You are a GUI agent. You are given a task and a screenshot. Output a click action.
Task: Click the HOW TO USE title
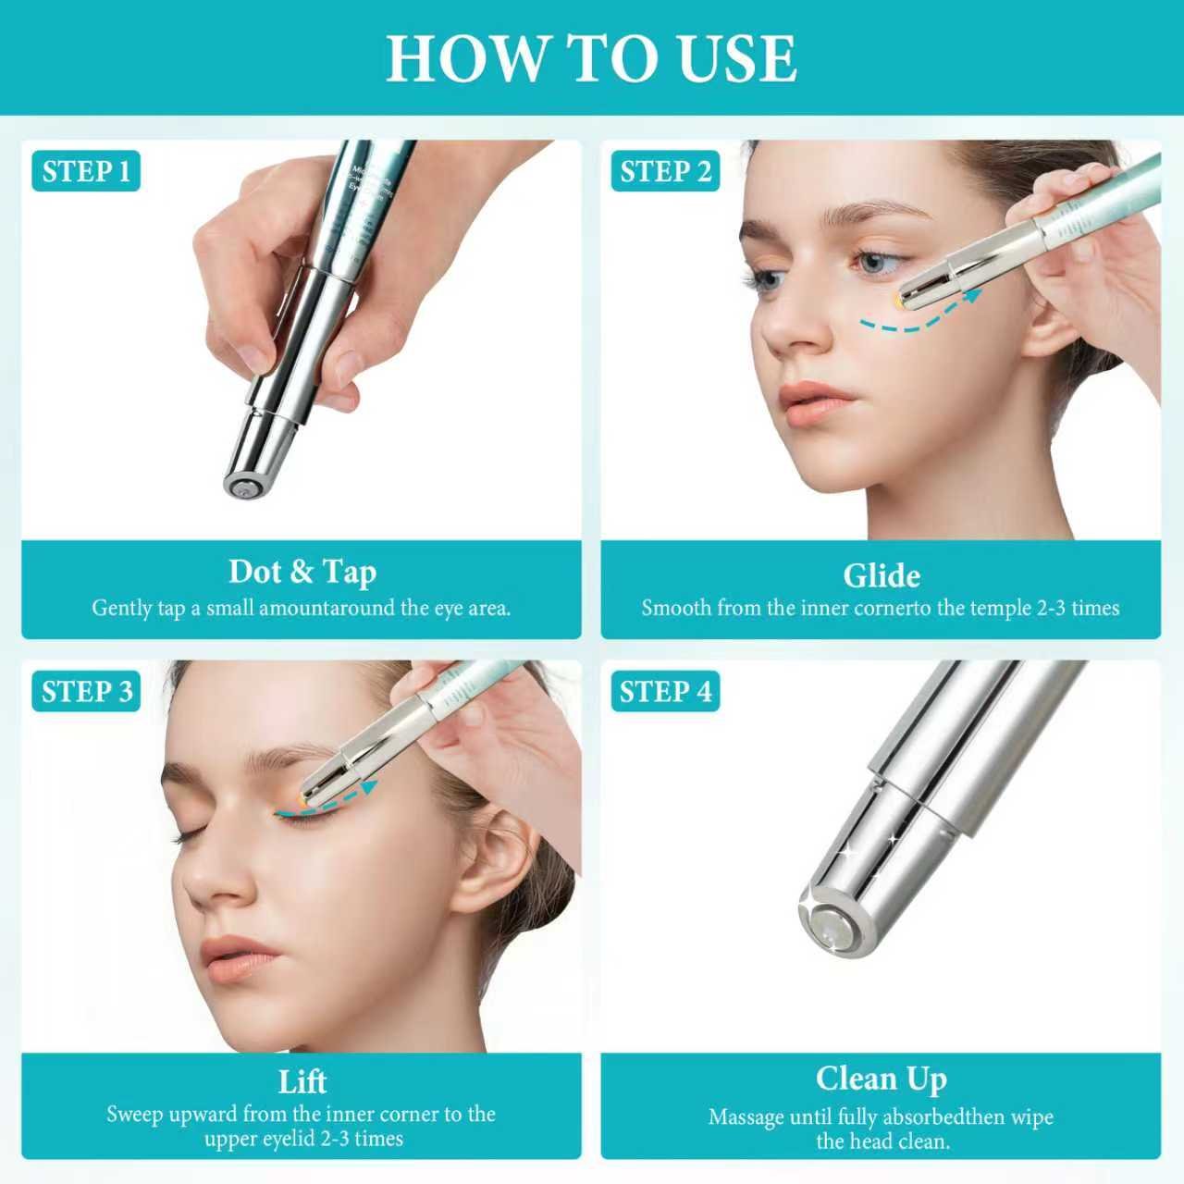tap(591, 58)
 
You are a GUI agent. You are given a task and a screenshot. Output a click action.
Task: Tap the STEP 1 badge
tap(86, 171)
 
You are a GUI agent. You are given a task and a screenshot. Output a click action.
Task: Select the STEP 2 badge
tap(665, 171)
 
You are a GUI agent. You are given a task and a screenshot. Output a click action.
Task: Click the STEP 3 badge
tap(86, 691)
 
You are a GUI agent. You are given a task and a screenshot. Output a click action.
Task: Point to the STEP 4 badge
tap(665, 691)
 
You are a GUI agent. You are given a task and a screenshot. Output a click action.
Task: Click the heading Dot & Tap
tap(302, 572)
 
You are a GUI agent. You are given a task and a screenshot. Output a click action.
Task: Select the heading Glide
tap(882, 575)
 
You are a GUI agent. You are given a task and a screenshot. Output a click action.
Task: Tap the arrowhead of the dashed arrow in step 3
tap(368, 787)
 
